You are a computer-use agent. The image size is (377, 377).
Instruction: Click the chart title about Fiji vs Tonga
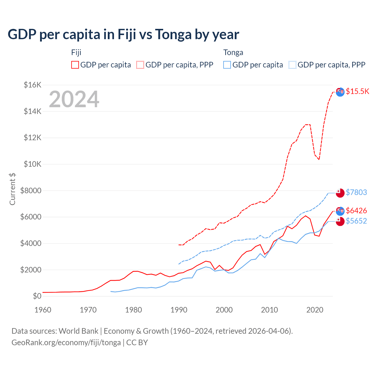pyautogui.click(x=123, y=34)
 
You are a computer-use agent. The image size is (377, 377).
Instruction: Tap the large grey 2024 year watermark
pyautogui.click(x=74, y=100)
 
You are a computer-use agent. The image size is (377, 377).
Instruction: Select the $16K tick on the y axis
pyautogui.click(x=32, y=85)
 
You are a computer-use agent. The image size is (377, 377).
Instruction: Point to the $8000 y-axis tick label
pyautogui.click(x=31, y=191)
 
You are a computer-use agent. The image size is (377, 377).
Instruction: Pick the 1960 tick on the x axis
pyautogui.click(x=43, y=310)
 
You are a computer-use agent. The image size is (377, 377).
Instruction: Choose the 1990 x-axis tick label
pyautogui.click(x=179, y=310)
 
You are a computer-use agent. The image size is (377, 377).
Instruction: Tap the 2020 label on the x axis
pyautogui.click(x=315, y=310)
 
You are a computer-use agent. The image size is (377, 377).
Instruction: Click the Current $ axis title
pyautogui.click(x=12, y=189)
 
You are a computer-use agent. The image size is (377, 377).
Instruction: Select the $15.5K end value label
pyautogui.click(x=357, y=91)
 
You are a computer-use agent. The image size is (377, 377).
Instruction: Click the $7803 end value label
pyautogui.click(x=356, y=192)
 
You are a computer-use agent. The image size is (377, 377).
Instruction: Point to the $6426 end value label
pyautogui.click(x=356, y=211)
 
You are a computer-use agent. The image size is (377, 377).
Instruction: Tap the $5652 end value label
pyautogui.click(x=356, y=221)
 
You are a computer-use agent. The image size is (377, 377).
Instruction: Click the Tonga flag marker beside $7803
pyautogui.click(x=340, y=193)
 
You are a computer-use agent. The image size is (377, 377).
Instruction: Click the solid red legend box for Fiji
pyautogui.click(x=75, y=65)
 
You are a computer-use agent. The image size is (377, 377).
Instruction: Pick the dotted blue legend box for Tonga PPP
pyautogui.click(x=292, y=65)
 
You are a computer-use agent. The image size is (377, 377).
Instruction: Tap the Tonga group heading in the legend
pyautogui.click(x=233, y=52)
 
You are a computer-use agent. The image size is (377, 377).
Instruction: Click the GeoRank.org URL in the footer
pyautogui.click(x=66, y=343)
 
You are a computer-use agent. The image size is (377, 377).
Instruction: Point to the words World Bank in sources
pyautogui.click(x=78, y=331)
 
